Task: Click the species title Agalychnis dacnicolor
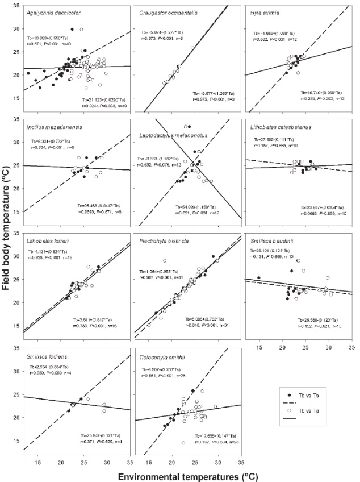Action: pos(52,13)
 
